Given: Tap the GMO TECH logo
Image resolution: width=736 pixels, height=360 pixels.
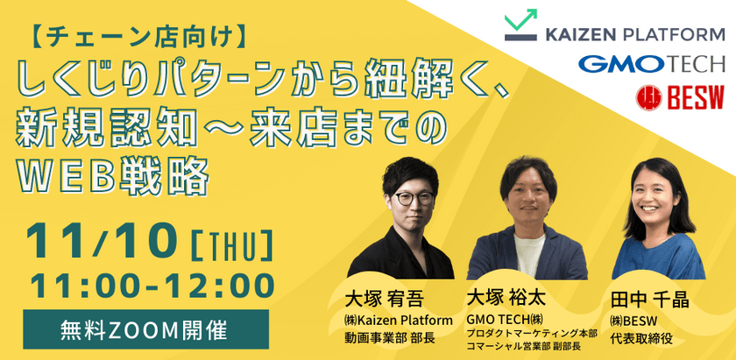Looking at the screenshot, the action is [651, 64].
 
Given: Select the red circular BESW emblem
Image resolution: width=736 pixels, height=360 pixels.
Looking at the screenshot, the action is [649, 97].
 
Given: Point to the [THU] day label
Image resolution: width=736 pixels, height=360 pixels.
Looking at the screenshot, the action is [232, 244].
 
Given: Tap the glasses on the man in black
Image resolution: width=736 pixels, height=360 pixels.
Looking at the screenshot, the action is [414, 198].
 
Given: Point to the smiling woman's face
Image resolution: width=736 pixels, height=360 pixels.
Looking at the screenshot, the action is [653, 197].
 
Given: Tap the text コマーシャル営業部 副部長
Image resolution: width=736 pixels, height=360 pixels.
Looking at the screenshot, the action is [524, 346].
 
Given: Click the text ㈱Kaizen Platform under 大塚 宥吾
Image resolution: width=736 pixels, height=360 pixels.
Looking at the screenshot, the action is [399, 321].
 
